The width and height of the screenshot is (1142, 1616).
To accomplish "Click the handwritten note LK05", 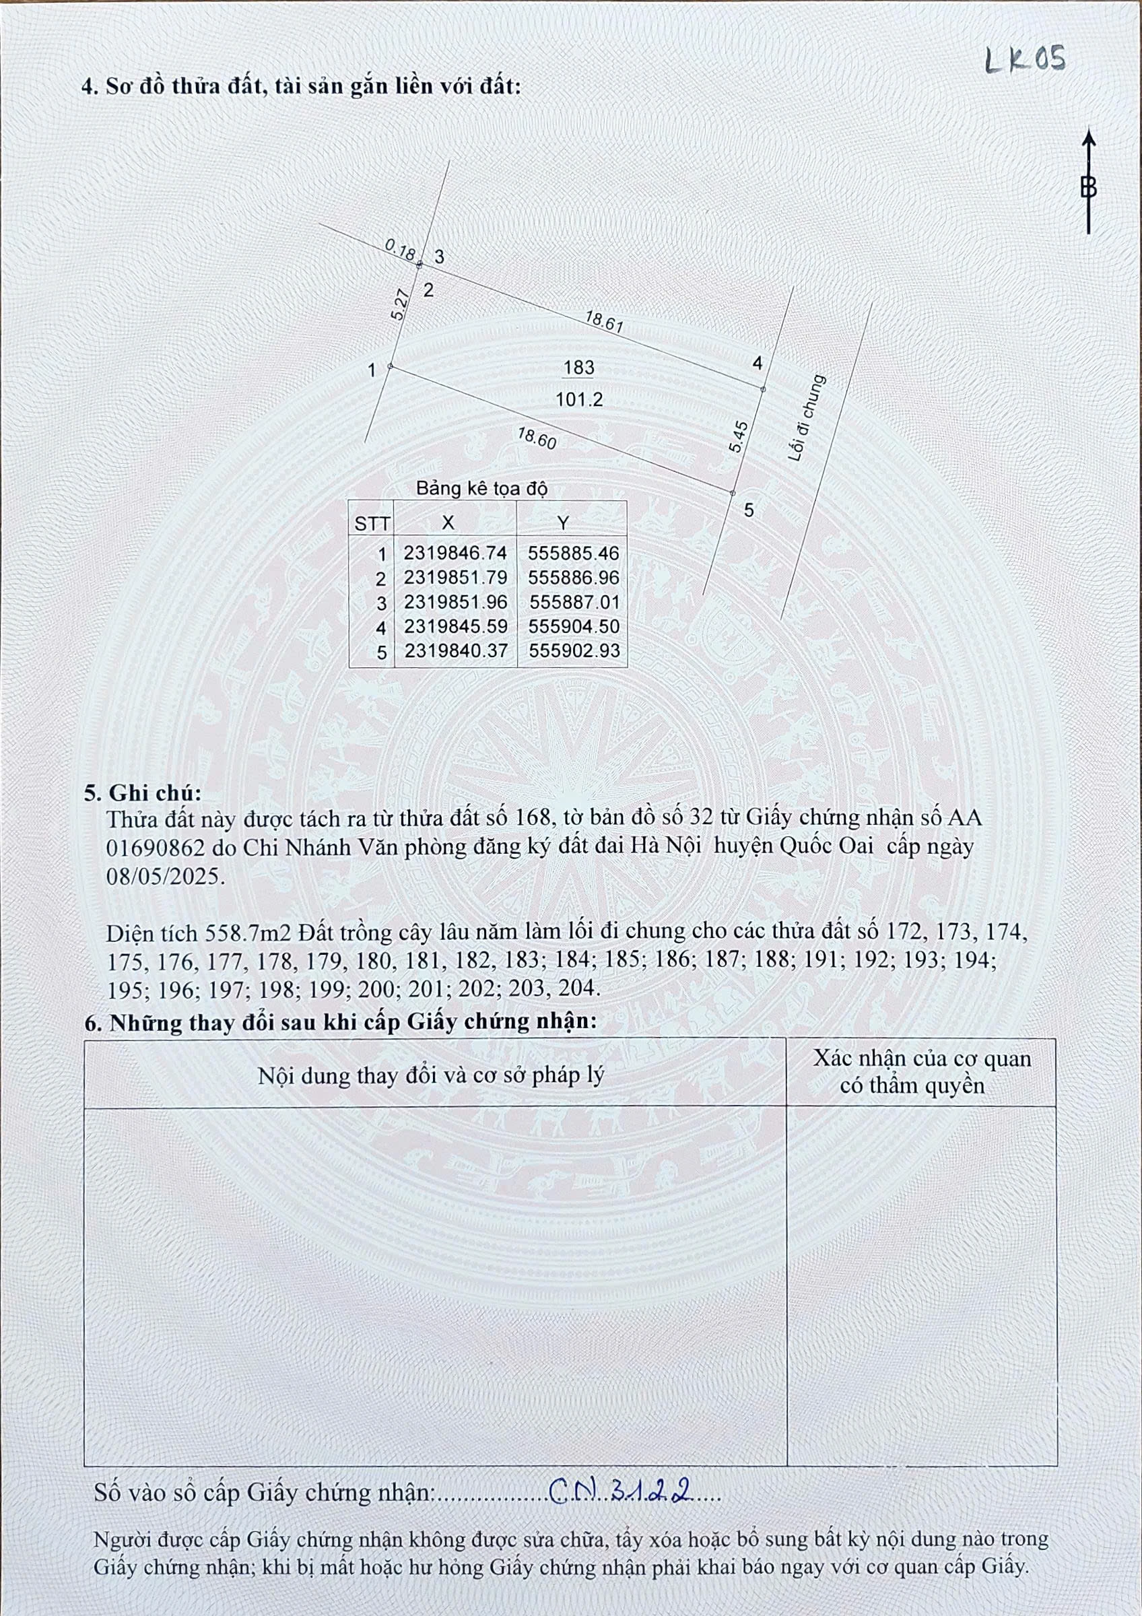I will coord(1024,61).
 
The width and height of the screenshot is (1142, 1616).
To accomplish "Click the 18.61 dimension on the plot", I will coord(604,322).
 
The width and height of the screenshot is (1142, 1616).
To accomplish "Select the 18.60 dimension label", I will coord(537,438).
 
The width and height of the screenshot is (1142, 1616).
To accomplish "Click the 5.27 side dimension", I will coord(400,306).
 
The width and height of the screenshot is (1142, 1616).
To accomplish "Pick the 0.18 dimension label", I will coord(401,250).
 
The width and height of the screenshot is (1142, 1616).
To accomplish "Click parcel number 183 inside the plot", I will coord(578,368).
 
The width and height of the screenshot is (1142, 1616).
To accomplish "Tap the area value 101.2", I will coord(579,400).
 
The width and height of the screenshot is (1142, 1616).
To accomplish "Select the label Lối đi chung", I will coord(807,418).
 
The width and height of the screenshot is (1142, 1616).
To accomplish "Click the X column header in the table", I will coord(448,523).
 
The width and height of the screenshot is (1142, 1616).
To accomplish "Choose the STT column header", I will coord(372,524).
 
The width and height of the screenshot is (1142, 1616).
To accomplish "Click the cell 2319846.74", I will coord(455,553).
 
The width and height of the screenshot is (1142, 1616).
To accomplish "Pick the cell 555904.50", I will coord(574,626).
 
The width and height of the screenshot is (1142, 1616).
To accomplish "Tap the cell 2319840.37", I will coord(455,651).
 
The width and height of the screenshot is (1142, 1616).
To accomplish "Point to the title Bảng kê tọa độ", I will coord(481,488).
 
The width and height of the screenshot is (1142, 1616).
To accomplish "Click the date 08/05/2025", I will coord(166,876).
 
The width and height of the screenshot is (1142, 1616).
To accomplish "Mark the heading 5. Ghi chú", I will coord(143,793).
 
